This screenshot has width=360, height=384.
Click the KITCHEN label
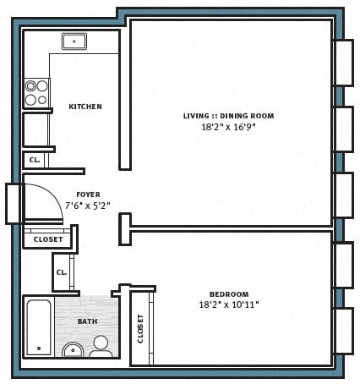[x=85, y=107]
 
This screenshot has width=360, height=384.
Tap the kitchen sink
[x=74, y=41]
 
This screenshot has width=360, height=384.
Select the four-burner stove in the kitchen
[x=35, y=92]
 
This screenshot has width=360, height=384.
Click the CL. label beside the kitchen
[x=35, y=159]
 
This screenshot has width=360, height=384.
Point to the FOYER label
[x=88, y=195]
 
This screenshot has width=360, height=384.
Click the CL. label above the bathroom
[x=62, y=272]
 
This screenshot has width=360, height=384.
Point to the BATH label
[x=87, y=321]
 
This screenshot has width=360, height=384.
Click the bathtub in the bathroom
[x=37, y=326]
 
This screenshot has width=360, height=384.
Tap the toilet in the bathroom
[x=101, y=346]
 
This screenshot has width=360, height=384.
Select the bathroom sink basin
[x=73, y=350]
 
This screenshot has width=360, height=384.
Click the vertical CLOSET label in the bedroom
[x=140, y=328]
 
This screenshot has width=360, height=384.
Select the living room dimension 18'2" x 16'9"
[x=228, y=127]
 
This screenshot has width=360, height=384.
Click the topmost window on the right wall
[x=343, y=63]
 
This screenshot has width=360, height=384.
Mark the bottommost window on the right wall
[x=343, y=331]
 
